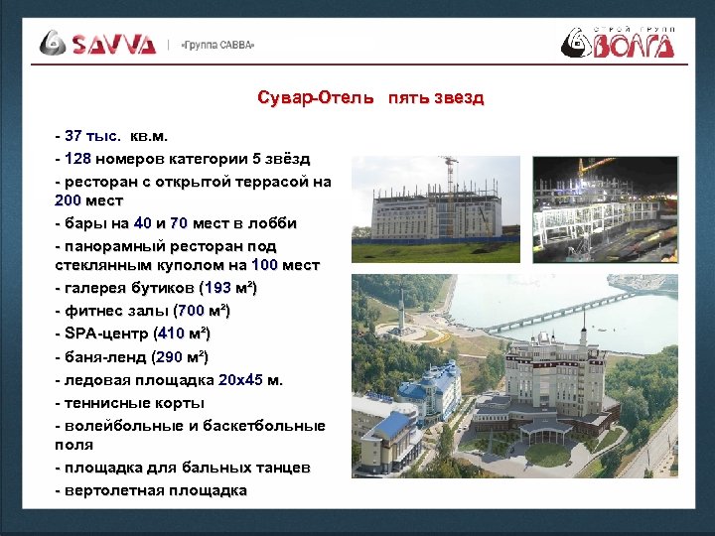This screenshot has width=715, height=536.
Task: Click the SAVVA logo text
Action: pos(112,44)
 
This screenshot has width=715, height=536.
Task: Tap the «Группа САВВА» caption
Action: pos(217,45)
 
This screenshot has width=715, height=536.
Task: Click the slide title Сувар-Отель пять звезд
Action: pos(369,97)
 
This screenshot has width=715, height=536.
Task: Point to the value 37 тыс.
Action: pos(92,135)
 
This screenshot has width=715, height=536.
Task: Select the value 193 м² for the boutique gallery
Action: pos(229,288)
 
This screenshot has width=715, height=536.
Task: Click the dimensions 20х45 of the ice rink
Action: pos(241,379)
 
